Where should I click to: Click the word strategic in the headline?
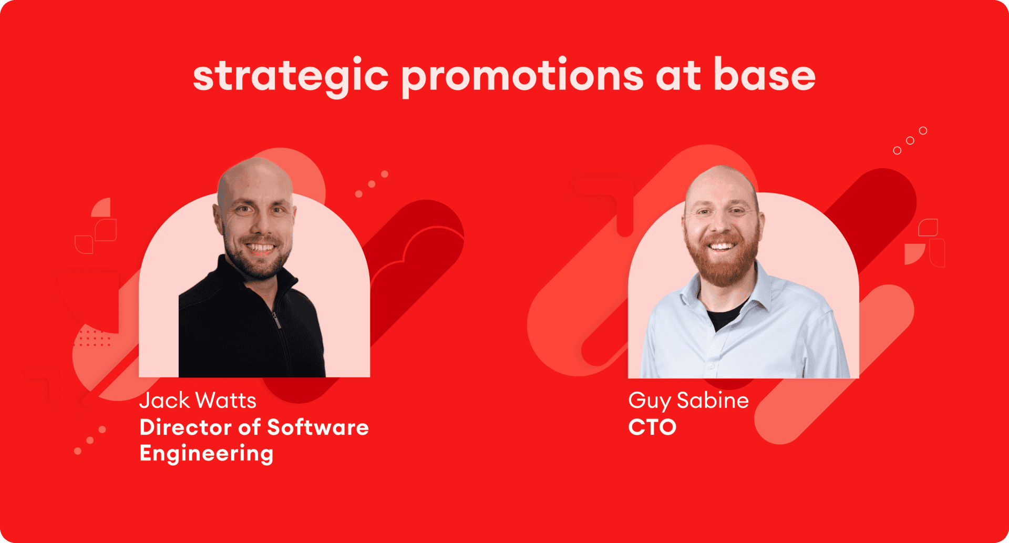coord(291,77)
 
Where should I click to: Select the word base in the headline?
coord(765,75)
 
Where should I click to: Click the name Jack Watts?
coord(198,401)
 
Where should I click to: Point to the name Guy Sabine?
coord(688,401)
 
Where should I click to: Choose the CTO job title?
coord(652,427)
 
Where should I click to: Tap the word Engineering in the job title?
coord(207,454)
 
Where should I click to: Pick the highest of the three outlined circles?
coord(923,130)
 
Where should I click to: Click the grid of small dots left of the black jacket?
coord(95,338)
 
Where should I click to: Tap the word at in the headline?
coord(678,77)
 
